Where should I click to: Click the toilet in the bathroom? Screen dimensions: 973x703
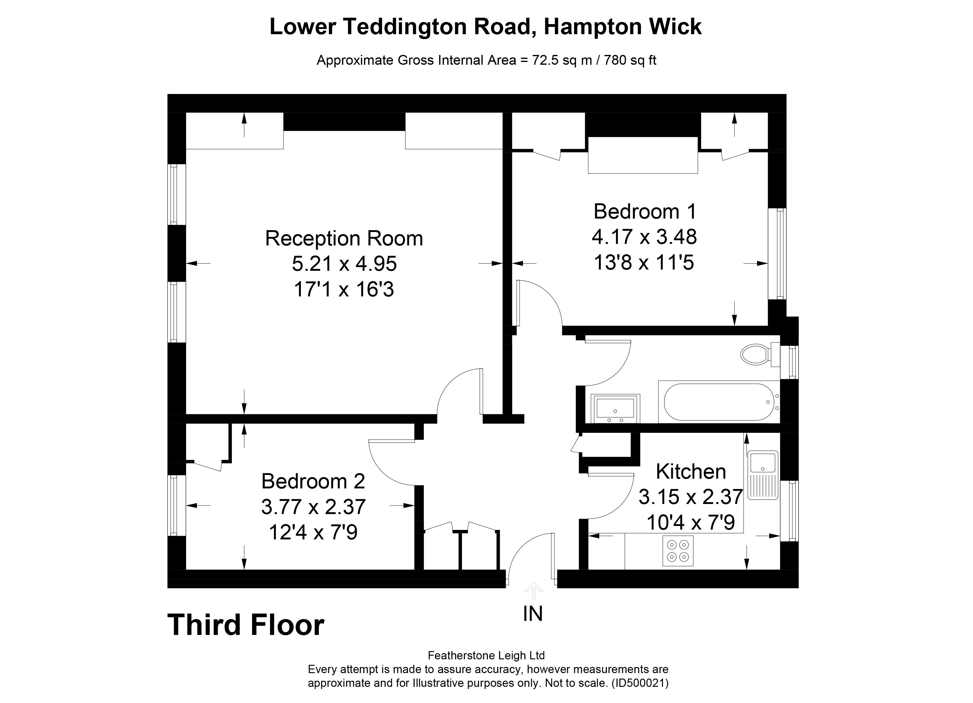tap(760, 354)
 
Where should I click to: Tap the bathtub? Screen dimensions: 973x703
tap(719, 402)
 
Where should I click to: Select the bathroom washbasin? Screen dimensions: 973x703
tap(615, 408)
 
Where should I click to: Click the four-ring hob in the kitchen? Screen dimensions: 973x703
tap(678, 551)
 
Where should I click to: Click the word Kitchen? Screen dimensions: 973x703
tap(691, 472)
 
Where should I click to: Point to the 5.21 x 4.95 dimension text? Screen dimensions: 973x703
tap(344, 263)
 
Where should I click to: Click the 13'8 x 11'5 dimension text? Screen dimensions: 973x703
tap(644, 262)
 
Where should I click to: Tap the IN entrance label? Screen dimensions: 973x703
tap(533, 614)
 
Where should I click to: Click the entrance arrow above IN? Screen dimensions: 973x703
tap(533, 591)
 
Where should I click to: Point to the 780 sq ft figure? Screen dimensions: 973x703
tap(630, 60)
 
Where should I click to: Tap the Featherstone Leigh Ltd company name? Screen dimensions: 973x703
tap(486, 655)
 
